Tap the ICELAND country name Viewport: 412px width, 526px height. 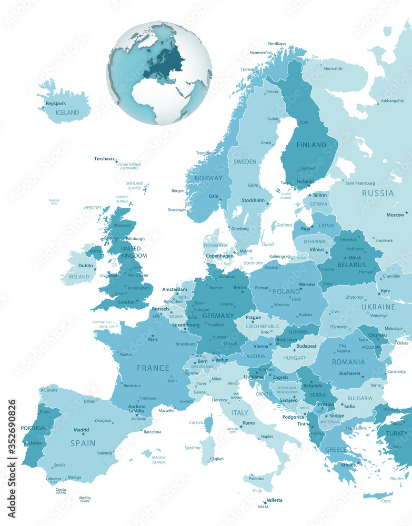pyautogui.click(x=67, y=113)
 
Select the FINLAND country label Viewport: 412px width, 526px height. pyautogui.click(x=311, y=145)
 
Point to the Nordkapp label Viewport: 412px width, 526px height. pyautogui.click(x=277, y=44)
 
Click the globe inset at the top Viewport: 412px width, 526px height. pyautogui.click(x=159, y=73)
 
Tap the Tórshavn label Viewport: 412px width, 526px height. pyautogui.click(x=104, y=158)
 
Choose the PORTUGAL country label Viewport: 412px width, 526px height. pyautogui.click(x=34, y=428)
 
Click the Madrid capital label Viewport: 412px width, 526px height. pyautogui.click(x=81, y=430)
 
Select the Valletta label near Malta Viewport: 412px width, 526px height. pyautogui.click(x=274, y=500)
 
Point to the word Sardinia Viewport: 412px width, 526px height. pyautogui.click(x=192, y=448)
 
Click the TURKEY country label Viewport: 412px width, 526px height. pyautogui.click(x=396, y=433)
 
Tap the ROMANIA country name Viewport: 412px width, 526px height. pyautogui.click(x=348, y=362)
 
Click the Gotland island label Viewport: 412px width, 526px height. pyautogui.click(x=284, y=225)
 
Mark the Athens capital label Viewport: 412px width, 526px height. pyautogui.click(x=347, y=464)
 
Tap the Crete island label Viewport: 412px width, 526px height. pyautogui.click(x=386, y=501)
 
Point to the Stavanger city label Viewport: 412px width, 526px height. pyautogui.click(x=177, y=209)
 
